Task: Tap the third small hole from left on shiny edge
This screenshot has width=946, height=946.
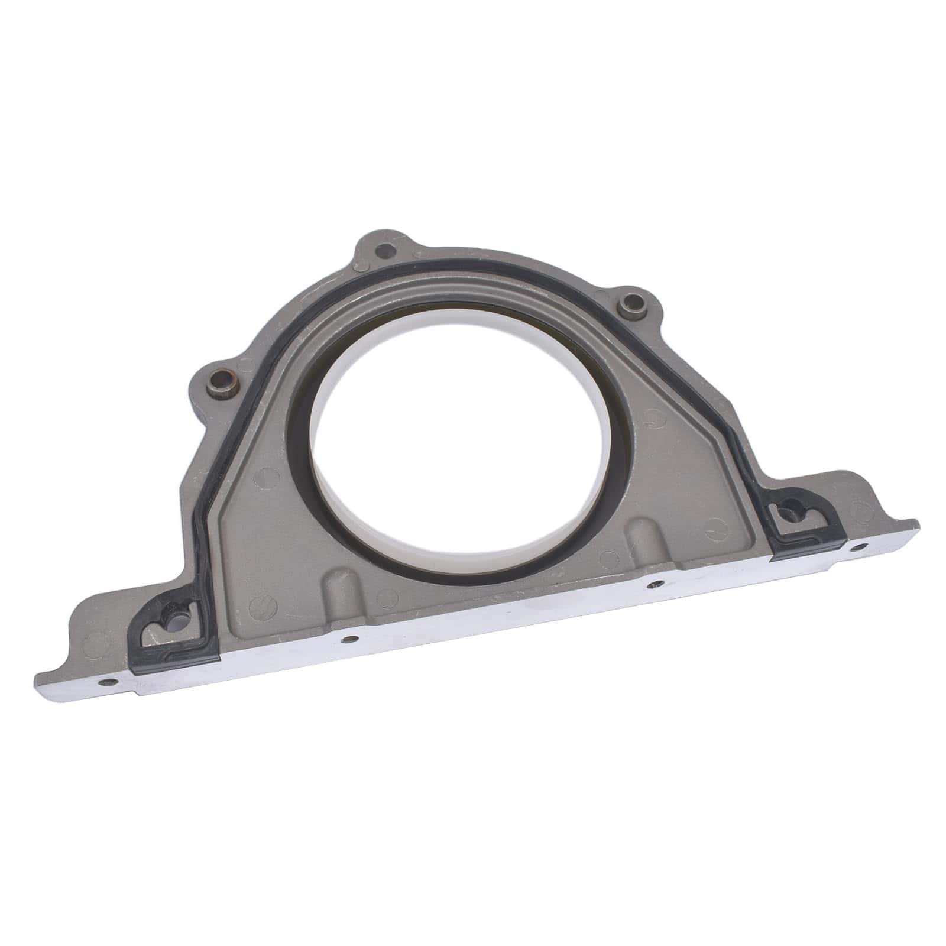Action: pos(652,585)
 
